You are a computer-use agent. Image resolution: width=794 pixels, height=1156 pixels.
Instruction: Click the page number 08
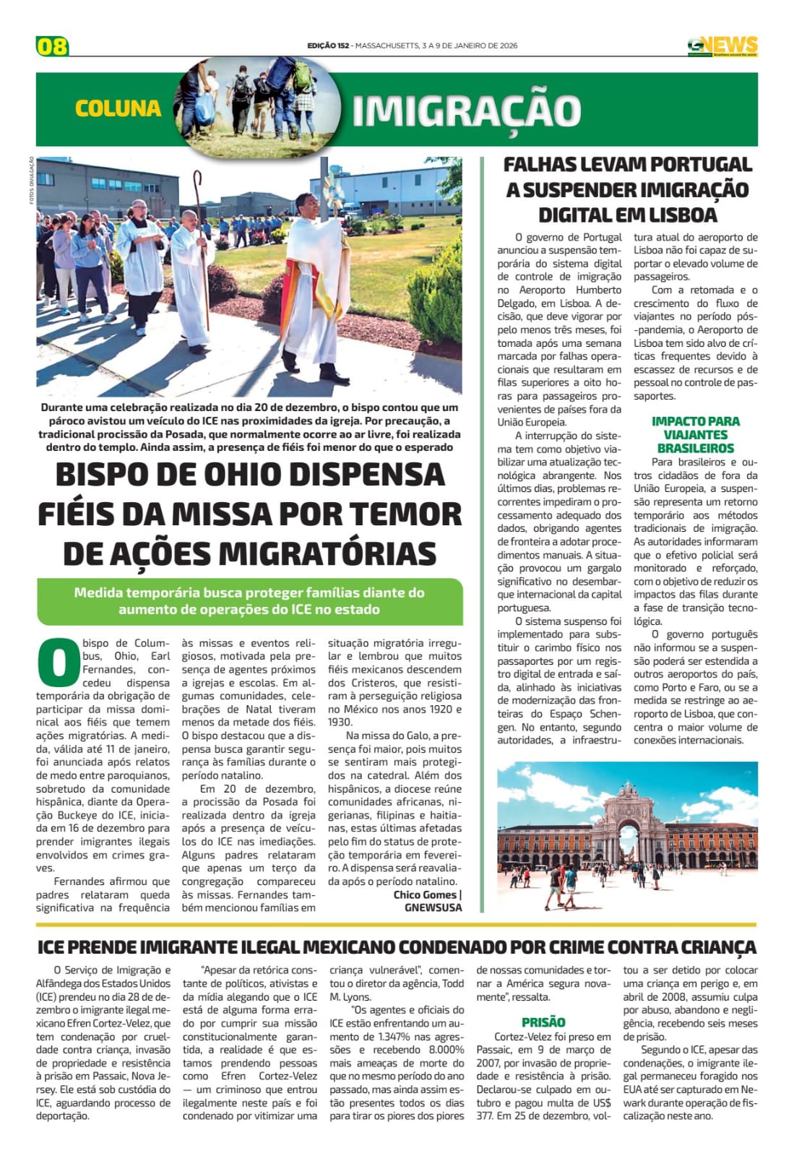[52, 46]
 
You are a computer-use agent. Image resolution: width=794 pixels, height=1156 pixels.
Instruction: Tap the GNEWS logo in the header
[722, 46]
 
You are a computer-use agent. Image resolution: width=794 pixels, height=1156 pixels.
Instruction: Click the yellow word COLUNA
[118, 108]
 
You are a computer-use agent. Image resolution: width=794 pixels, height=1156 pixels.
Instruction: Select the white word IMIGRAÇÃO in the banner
[467, 111]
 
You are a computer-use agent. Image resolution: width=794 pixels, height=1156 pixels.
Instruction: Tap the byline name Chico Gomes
[425, 894]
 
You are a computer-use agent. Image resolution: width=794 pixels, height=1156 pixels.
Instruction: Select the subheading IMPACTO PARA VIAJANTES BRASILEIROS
[695, 434]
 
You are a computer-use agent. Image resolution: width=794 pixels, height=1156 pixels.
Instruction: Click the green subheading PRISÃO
[543, 1022]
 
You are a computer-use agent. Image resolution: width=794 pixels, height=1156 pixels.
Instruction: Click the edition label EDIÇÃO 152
[328, 46]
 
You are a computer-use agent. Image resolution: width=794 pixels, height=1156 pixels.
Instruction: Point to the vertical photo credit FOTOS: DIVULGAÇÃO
[32, 181]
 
